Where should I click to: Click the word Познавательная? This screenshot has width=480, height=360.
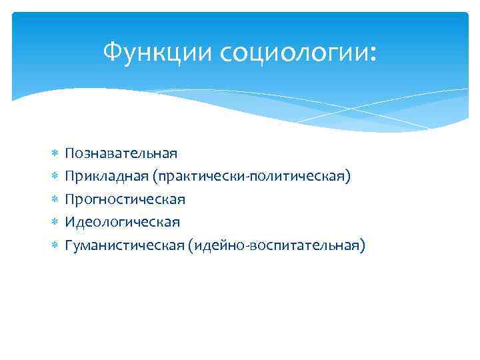point(121,153)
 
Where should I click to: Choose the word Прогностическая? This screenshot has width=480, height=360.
point(125,199)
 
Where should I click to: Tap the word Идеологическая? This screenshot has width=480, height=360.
point(122,222)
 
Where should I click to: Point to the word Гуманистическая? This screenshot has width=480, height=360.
point(124,245)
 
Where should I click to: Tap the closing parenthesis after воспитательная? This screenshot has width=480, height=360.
point(363,245)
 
